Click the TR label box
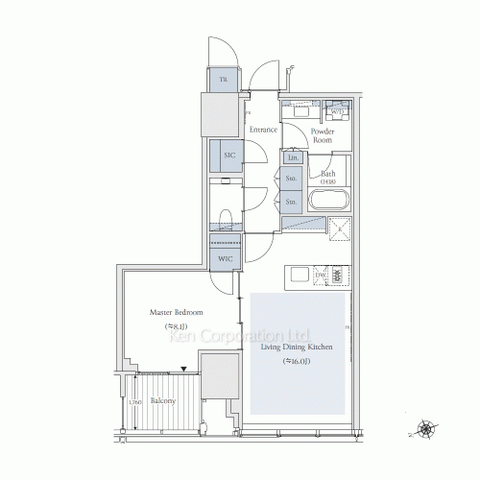point(223,80)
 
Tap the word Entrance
point(262,130)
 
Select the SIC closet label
point(229,156)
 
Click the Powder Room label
point(323,134)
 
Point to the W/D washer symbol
point(336,108)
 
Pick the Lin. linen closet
point(294,157)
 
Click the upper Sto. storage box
point(292,179)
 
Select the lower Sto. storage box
point(292,202)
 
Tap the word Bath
point(328,174)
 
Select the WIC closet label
point(225,259)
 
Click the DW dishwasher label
point(320,276)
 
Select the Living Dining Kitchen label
point(297,347)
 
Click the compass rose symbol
point(422,428)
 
